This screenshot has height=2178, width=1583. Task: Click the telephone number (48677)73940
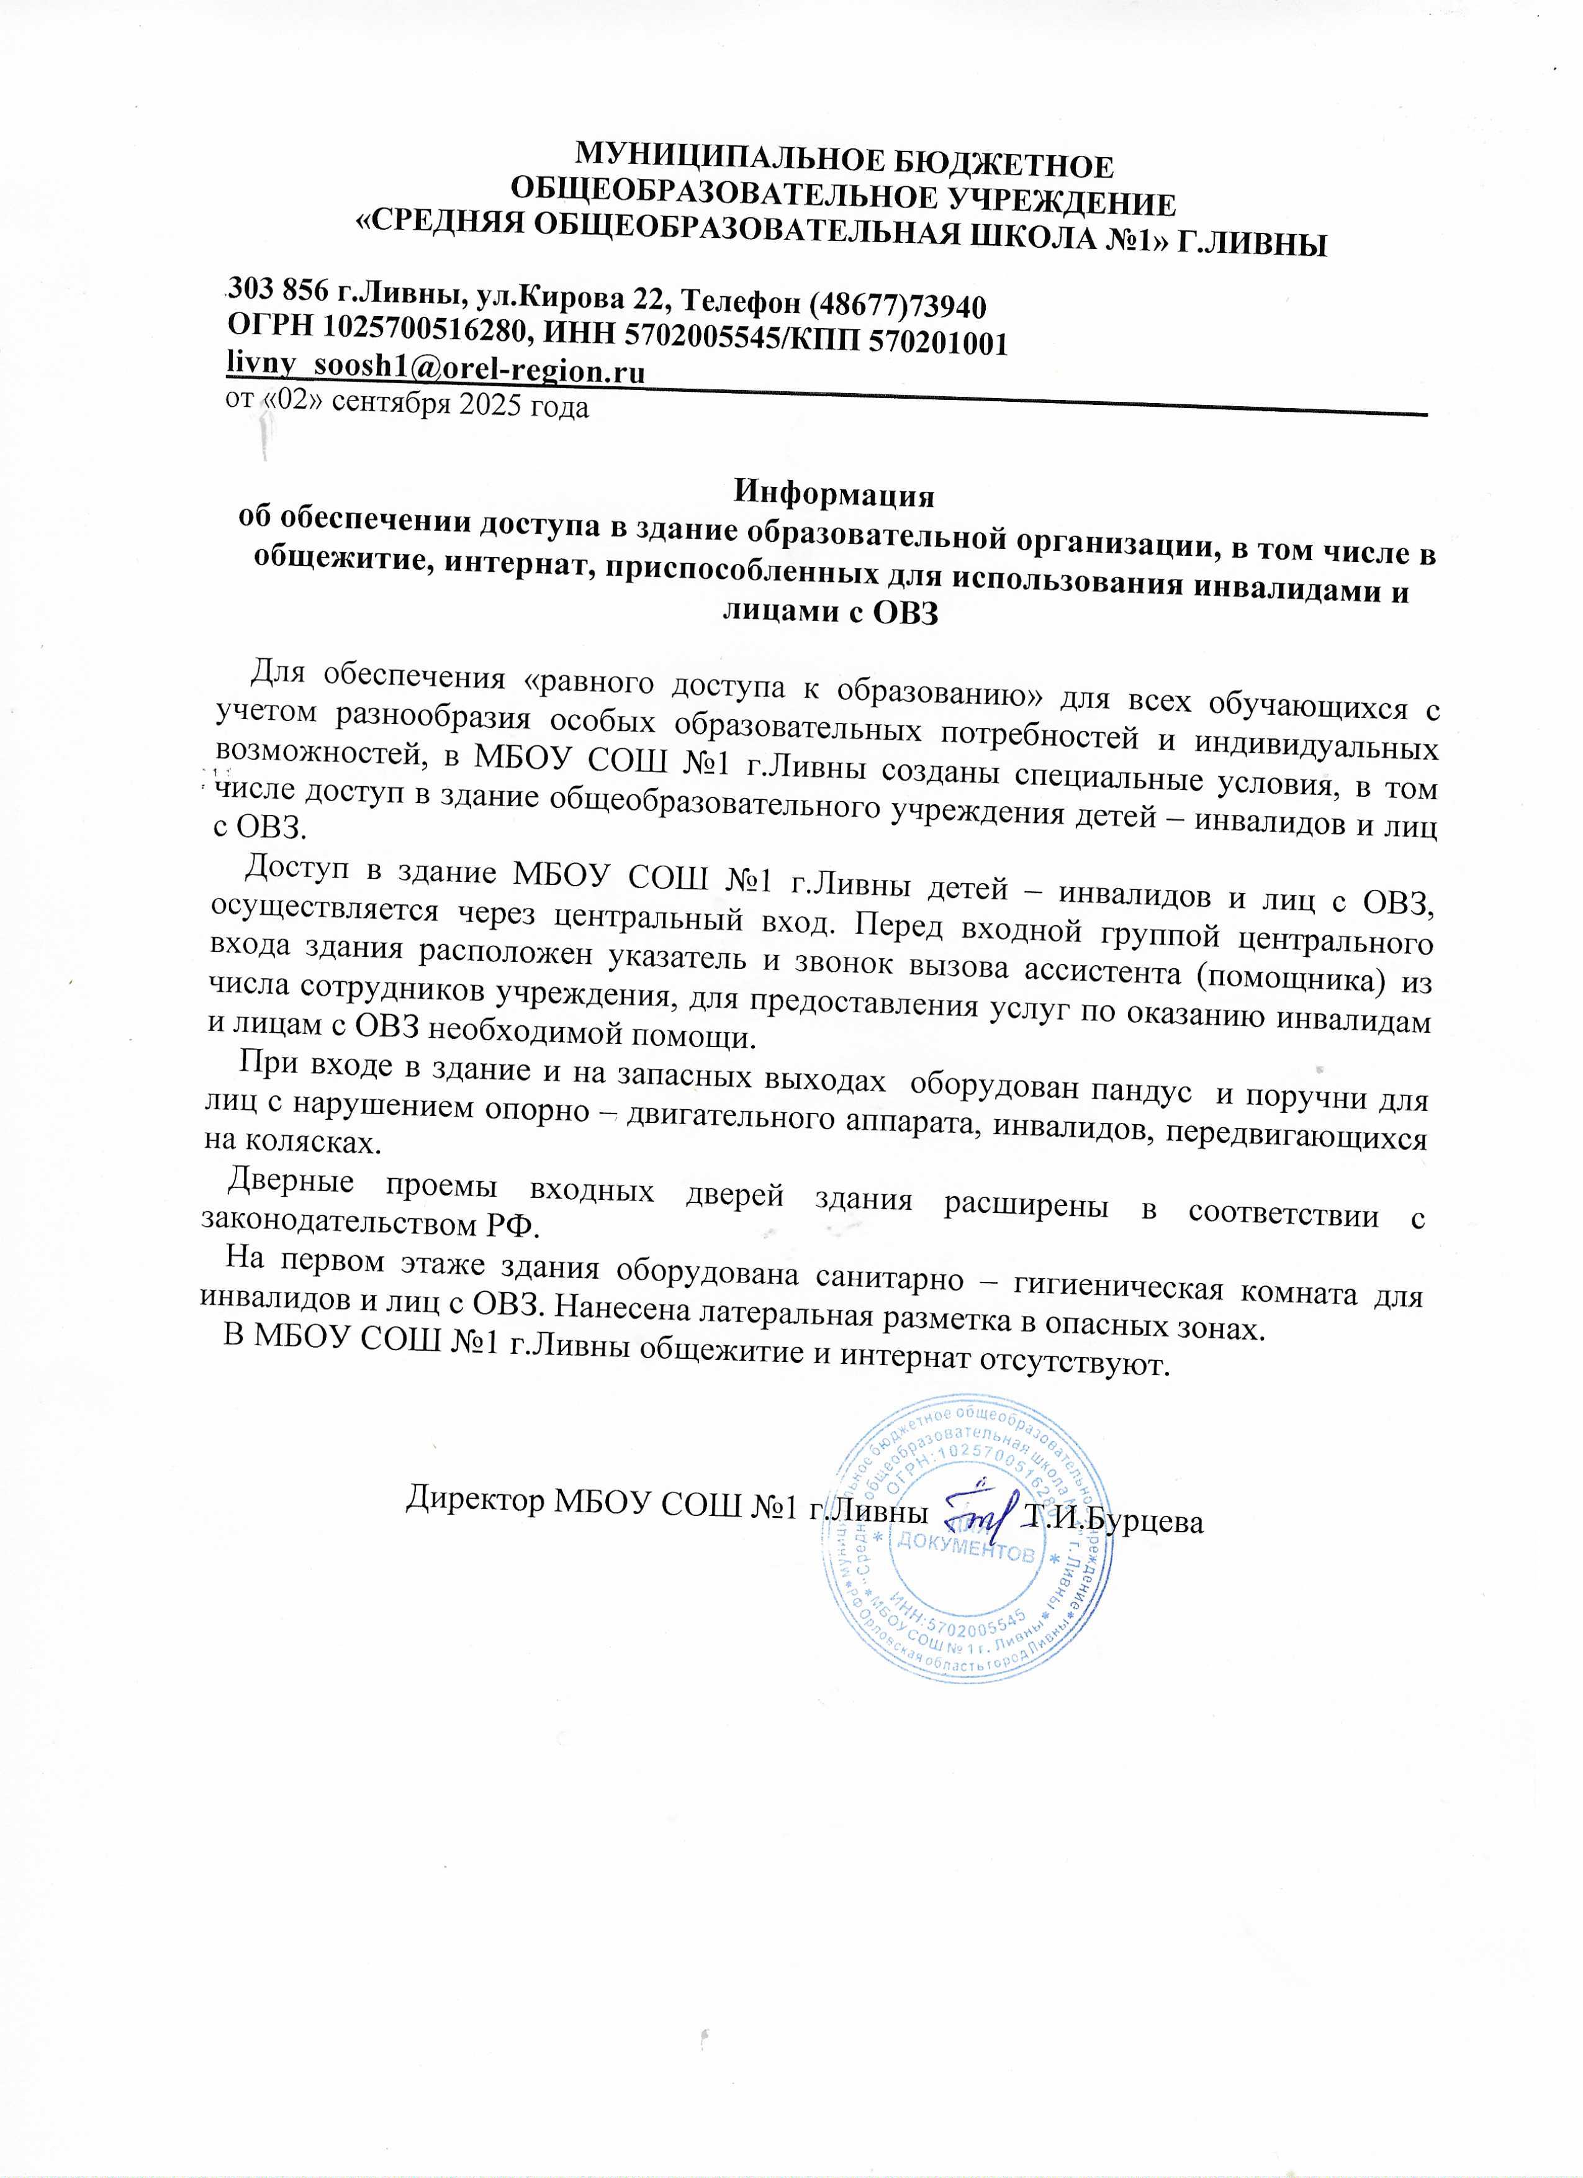[x=898, y=306]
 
